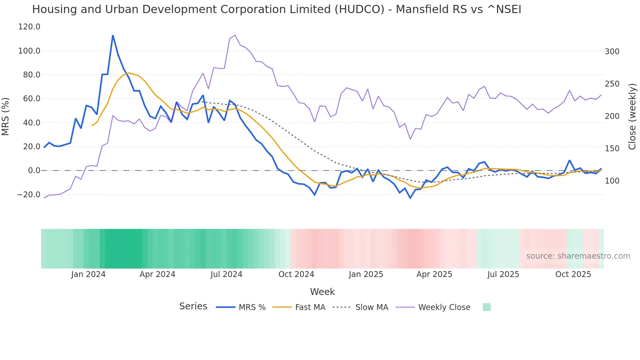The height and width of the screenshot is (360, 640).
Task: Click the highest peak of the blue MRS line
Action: (113, 36)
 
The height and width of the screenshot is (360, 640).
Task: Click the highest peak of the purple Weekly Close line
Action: (235, 35)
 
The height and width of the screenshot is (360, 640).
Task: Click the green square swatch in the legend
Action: (487, 307)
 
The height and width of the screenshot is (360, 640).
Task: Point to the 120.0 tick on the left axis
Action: (29, 27)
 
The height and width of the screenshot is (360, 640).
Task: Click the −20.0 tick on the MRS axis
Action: (28, 195)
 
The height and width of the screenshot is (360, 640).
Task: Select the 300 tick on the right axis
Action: (612, 52)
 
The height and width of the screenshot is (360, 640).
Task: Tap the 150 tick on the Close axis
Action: (612, 149)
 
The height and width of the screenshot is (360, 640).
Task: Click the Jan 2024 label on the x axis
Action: (88, 274)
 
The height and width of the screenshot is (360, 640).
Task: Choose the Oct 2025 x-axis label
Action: (573, 274)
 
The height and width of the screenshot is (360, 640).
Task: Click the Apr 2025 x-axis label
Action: (434, 274)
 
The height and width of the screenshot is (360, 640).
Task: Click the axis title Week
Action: (322, 292)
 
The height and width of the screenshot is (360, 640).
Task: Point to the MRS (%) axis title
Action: (6, 116)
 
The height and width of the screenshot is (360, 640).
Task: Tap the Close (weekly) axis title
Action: (632, 116)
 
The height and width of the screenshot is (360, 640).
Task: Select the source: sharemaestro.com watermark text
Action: (578, 256)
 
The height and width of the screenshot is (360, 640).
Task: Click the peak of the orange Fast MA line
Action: (129, 73)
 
